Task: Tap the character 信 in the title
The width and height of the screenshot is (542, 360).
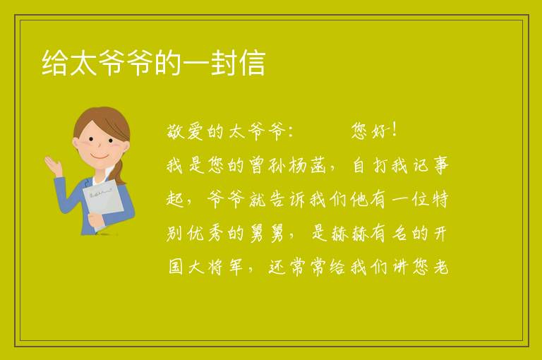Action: click(253, 63)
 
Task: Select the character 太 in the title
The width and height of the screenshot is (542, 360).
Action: click(83, 63)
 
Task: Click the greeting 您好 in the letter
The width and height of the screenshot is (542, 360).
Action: click(371, 131)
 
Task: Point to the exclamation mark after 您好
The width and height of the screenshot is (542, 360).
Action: click(395, 130)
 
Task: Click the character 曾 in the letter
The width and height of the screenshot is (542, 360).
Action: click(257, 165)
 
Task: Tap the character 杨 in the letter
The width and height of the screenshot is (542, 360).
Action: click(298, 165)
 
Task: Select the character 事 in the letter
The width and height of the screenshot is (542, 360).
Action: click(441, 165)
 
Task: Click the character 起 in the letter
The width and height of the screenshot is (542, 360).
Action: click(176, 199)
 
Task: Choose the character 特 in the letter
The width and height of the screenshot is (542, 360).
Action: click(440, 199)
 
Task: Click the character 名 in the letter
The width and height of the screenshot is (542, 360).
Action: click(399, 233)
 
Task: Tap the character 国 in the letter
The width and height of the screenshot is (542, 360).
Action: click(176, 267)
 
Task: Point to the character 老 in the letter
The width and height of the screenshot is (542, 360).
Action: click(440, 267)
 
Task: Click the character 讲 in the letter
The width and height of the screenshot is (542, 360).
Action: click(400, 267)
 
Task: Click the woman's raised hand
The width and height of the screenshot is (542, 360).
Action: click(54, 165)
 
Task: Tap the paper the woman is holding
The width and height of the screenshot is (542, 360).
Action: click(102, 203)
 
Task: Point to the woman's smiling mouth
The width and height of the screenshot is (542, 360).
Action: click(100, 156)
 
